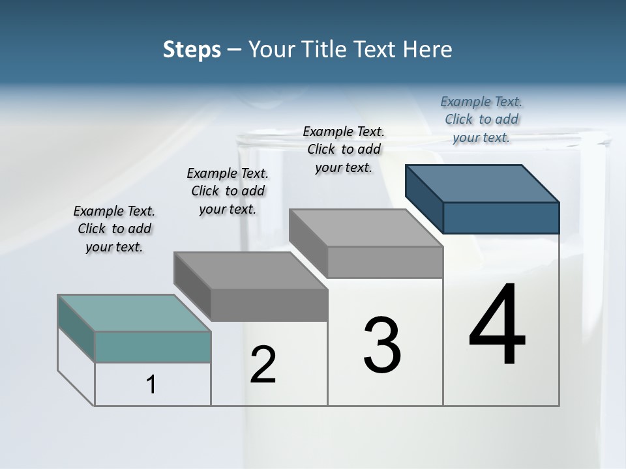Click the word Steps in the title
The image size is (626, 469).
[192, 50]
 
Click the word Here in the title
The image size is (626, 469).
[428, 50]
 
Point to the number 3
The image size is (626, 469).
[382, 345]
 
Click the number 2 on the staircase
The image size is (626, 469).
[263, 365]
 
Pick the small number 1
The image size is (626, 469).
[151, 385]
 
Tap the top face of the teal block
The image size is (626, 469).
[134, 313]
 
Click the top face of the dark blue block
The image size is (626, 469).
[483, 183]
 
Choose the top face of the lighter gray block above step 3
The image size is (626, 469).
[366, 228]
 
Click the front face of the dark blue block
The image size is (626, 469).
[501, 218]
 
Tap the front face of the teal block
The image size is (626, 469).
[153, 347]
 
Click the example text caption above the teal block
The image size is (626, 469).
[115, 229]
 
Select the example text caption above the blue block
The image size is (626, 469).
[481, 119]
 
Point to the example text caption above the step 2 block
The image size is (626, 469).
[228, 191]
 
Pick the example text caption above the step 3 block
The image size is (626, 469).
[344, 149]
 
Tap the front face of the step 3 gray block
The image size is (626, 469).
[385, 262]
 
